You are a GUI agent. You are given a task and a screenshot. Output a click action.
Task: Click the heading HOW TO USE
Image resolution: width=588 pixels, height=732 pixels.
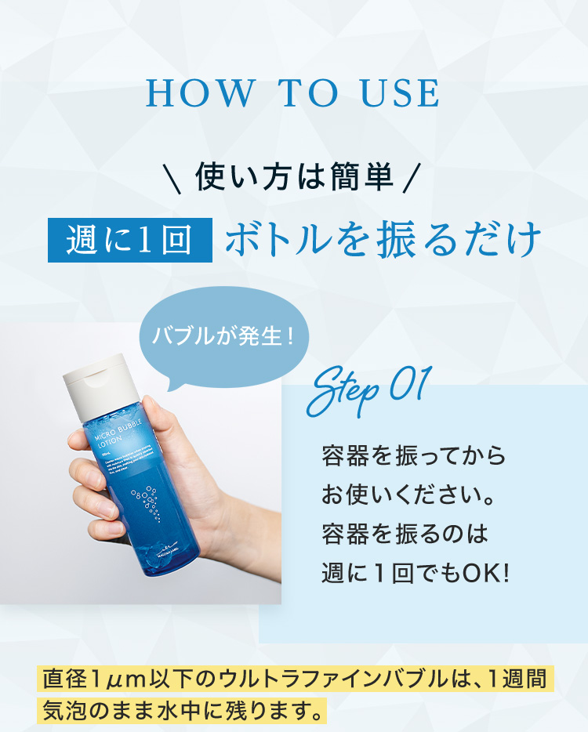(292, 93)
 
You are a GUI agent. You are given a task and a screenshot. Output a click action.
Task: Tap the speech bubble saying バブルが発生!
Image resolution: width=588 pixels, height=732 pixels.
(224, 337)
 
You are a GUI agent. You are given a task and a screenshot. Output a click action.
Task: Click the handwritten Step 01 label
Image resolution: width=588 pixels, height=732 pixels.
(368, 390)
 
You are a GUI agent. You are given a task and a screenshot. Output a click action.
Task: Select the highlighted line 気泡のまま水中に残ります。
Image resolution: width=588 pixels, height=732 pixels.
(182, 712)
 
